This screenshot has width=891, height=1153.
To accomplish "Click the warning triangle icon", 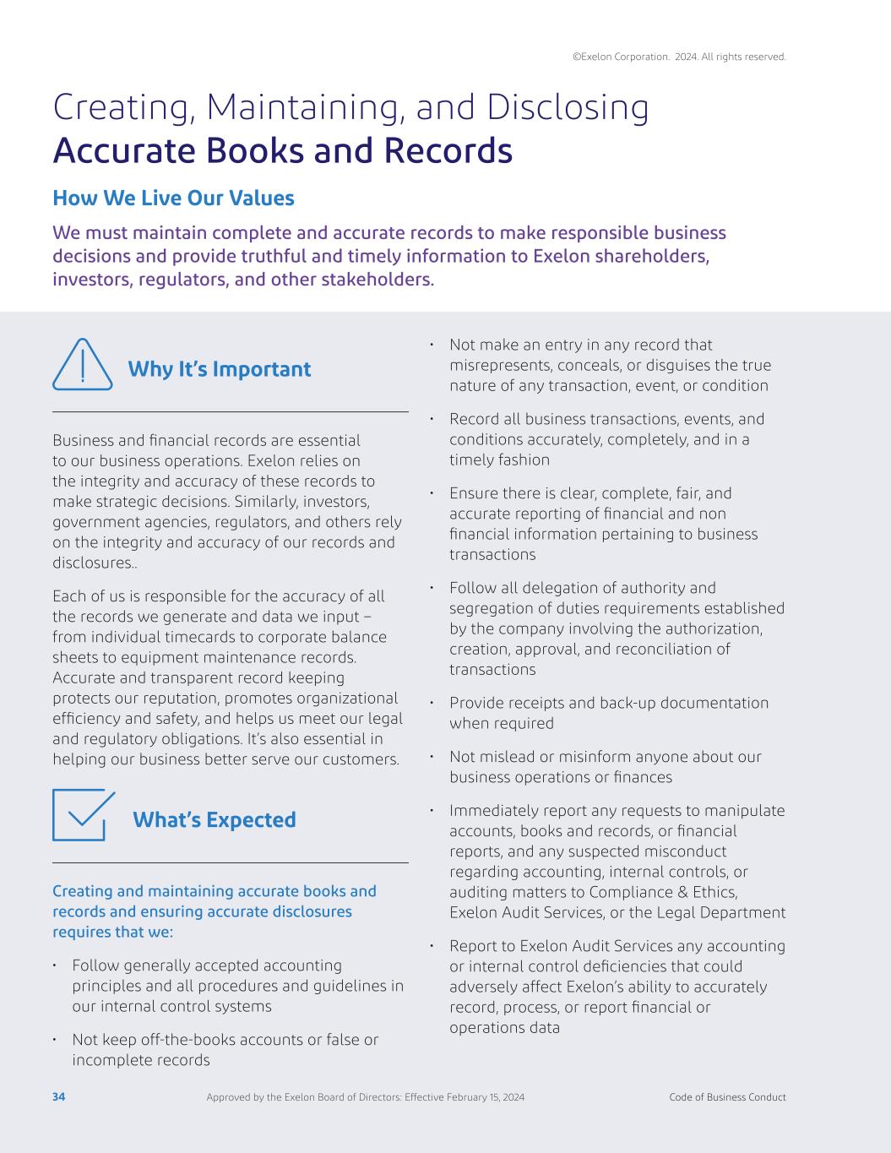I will click(82, 366).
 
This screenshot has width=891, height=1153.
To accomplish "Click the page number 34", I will click(58, 1097).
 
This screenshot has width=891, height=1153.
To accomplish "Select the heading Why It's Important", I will click(219, 369).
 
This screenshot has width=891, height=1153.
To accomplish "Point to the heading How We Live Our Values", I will click(173, 199).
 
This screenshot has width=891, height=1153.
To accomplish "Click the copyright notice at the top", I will click(679, 57).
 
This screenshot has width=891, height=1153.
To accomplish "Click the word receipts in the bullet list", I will click(523, 703).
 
